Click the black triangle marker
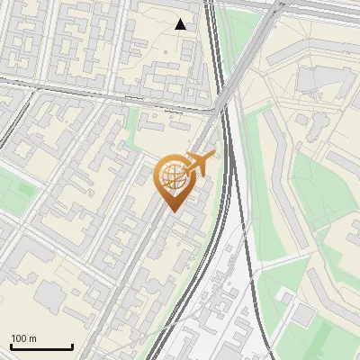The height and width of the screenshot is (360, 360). coord(181,24)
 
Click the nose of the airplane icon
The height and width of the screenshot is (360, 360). coord(213,156)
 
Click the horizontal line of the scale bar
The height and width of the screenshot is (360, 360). coord(41,347)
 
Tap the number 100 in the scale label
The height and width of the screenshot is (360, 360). coord(20,338)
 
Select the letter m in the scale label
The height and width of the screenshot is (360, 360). coord(32,338)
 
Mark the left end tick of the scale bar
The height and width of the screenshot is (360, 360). coord(11,346)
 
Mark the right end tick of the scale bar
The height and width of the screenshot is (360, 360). coord(72,346)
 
